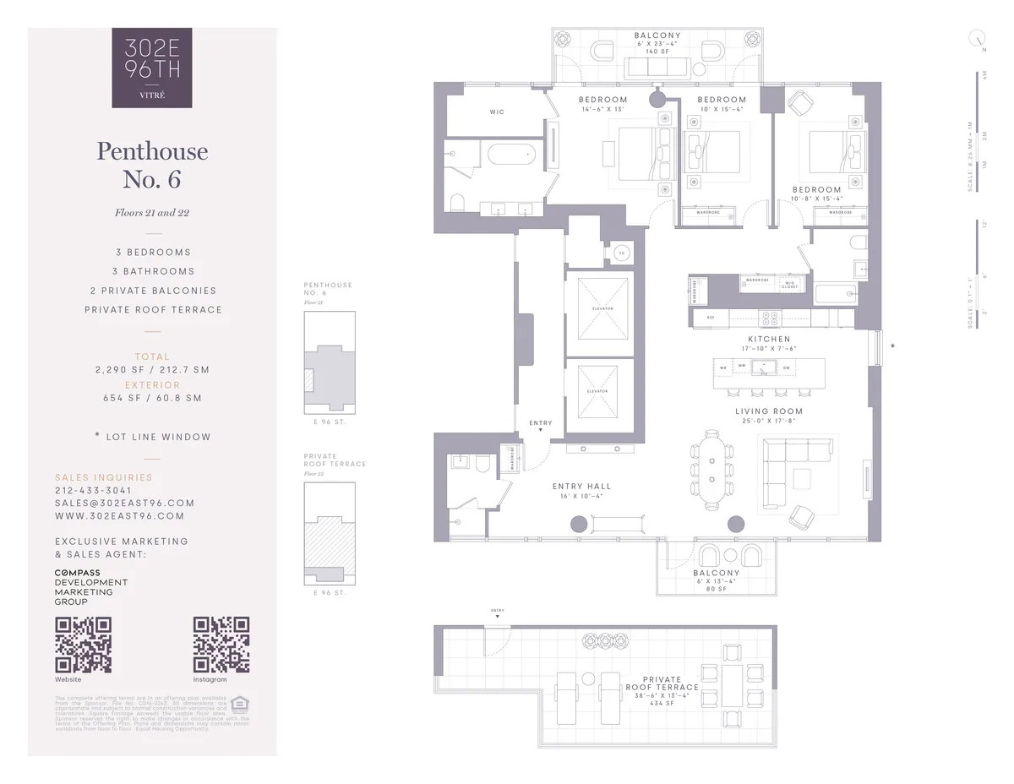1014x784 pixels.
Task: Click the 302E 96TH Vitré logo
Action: click(x=152, y=68)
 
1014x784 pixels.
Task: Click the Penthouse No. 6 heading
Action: click(x=152, y=165)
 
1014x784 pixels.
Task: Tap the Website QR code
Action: click(x=83, y=645)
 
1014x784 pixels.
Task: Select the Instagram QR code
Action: click(x=221, y=645)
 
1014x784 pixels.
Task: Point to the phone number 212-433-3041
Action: click(x=93, y=490)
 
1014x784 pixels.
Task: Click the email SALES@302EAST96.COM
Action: click(x=124, y=503)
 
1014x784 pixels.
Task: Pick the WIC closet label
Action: click(x=497, y=112)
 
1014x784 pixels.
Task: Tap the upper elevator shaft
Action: click(x=597, y=308)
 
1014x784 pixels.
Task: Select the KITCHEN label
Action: click(x=769, y=339)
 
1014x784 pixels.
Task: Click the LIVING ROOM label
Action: click(x=769, y=411)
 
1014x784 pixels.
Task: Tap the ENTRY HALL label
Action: click(x=581, y=487)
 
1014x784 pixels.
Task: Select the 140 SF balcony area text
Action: click(x=657, y=52)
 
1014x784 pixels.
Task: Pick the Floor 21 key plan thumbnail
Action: click(x=330, y=362)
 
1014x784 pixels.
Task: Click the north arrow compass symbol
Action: click(x=979, y=38)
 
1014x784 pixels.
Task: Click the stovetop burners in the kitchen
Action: click(x=771, y=318)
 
